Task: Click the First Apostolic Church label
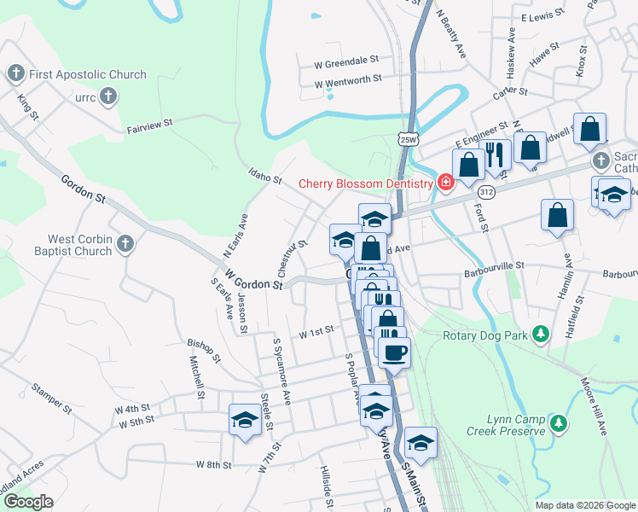[x=88, y=74]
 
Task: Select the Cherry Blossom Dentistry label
[x=366, y=183]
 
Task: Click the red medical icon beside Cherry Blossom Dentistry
[x=445, y=183]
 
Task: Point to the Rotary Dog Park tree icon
[x=540, y=335]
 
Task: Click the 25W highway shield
[x=409, y=138]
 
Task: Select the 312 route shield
[x=486, y=193]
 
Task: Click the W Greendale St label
[x=346, y=61]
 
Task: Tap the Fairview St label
[x=150, y=125]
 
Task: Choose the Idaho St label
[x=265, y=177]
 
